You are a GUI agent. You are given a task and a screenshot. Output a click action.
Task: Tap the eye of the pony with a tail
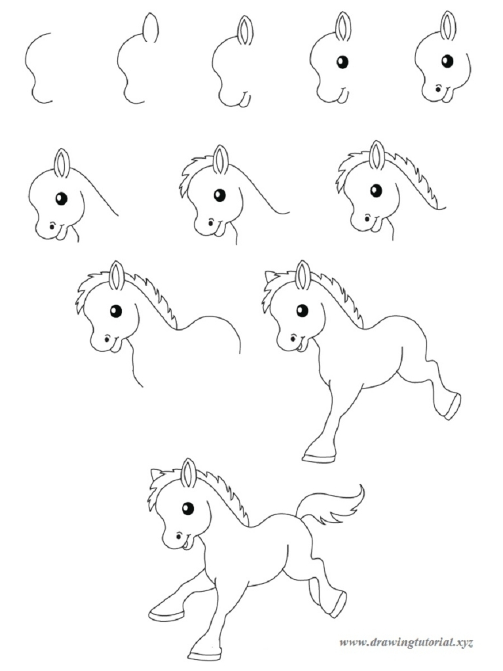(188, 508)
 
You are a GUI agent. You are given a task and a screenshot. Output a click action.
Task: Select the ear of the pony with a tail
(189, 473)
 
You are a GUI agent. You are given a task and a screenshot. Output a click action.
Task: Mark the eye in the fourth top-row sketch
(342, 62)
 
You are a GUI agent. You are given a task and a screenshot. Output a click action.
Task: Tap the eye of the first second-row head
(61, 199)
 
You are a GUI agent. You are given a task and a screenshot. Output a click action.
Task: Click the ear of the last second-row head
(377, 155)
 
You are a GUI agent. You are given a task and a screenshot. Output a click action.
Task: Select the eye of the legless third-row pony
(116, 311)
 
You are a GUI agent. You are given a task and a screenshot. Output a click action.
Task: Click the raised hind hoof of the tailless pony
(451, 407)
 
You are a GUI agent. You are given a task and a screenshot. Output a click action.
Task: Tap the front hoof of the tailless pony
(319, 453)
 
